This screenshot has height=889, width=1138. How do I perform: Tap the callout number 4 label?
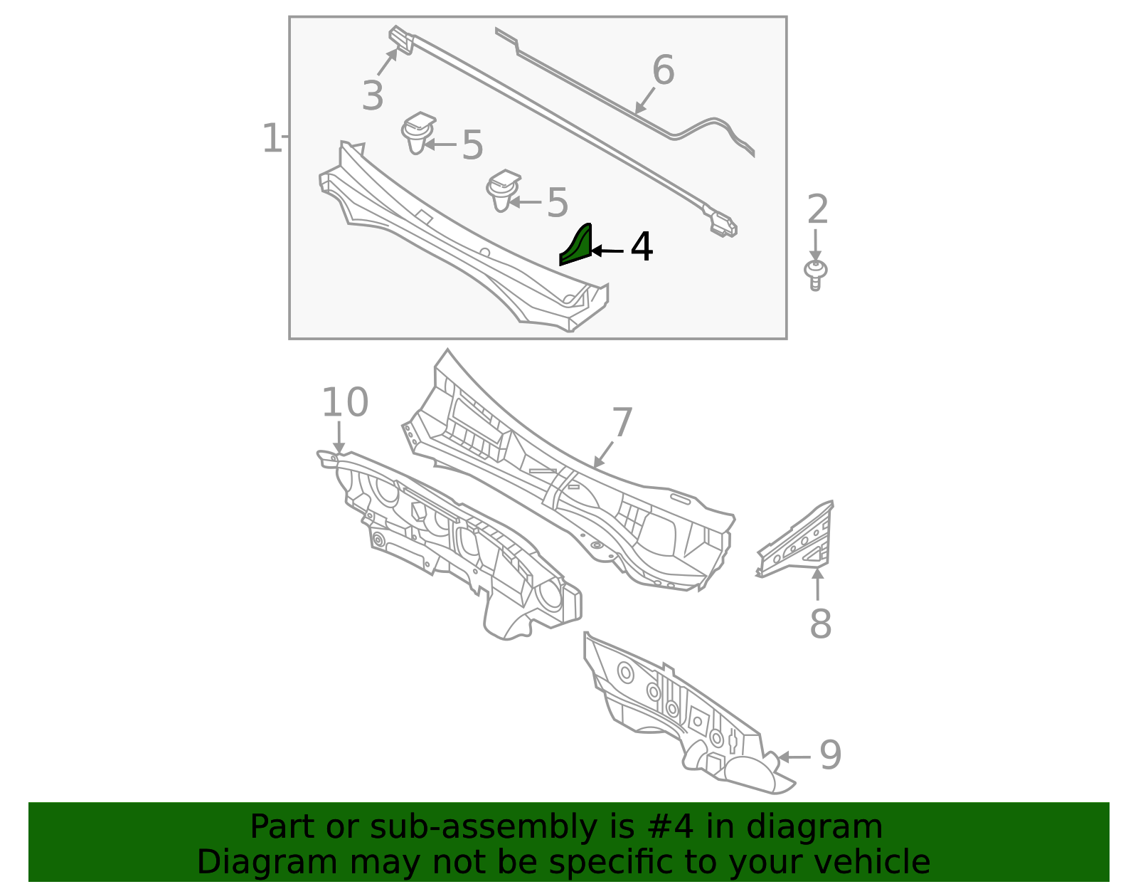(642, 248)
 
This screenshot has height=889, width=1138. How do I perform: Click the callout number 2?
(818, 210)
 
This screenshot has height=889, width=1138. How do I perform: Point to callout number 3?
(372, 95)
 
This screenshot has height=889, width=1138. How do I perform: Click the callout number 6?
(663, 70)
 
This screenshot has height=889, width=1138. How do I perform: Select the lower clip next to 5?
(503, 190)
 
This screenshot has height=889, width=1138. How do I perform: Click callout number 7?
(622, 423)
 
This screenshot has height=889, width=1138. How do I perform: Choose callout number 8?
(820, 624)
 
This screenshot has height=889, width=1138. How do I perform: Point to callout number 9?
(830, 755)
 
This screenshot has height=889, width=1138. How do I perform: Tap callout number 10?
(345, 403)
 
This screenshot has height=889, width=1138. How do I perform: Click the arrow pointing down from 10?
(339, 436)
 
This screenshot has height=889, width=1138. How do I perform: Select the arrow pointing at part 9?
(794, 757)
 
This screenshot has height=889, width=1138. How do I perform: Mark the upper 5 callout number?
(472, 145)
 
